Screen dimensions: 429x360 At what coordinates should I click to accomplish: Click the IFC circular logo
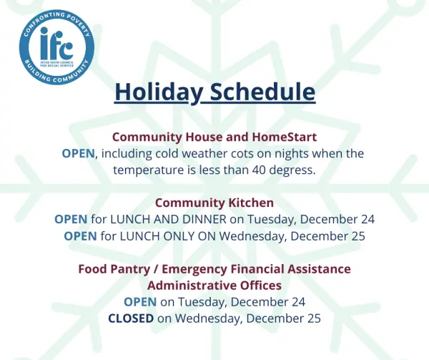coord(56,47)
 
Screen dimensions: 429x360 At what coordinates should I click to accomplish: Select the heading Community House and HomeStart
coord(214,137)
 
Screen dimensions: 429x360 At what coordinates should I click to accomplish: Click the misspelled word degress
coord(292,170)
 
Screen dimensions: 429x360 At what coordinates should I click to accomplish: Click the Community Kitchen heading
coord(214,203)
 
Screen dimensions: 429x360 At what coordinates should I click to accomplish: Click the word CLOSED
coord(131,318)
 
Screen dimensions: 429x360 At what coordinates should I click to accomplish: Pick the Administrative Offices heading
coord(214,286)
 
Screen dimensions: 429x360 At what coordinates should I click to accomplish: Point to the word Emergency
coord(194,269)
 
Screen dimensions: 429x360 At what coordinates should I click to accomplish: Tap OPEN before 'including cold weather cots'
coord(78,154)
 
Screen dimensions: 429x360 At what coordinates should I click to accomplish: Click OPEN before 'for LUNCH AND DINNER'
coord(71,219)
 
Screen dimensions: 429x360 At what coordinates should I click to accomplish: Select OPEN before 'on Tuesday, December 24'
coord(140,302)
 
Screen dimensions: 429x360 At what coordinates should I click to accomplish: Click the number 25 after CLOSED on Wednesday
coord(314,318)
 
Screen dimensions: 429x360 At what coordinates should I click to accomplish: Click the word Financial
coord(257,269)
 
